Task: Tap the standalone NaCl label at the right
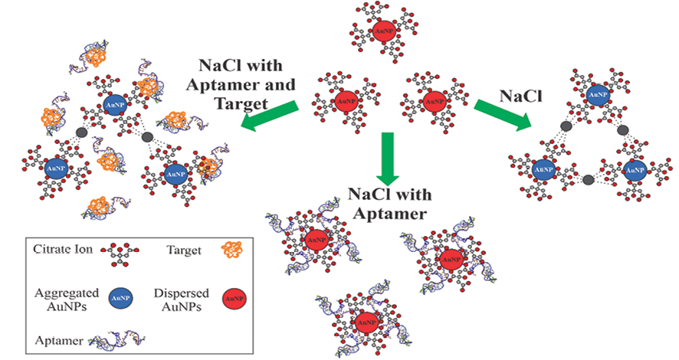[x=522, y=95]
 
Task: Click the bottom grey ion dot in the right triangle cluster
[x=588, y=180]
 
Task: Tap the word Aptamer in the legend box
[x=56, y=337]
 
